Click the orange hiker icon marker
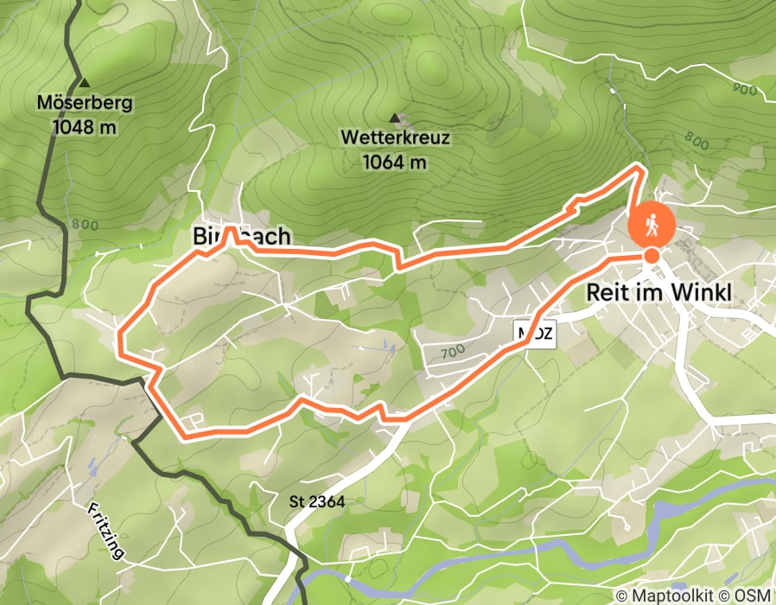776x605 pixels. click(x=652, y=225)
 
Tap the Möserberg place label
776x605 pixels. click(x=84, y=104)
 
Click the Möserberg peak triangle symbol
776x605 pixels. click(x=84, y=84)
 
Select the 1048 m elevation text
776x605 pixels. click(x=84, y=126)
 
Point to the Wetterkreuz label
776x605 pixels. click(x=395, y=137)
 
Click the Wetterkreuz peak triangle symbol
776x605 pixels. click(x=395, y=118)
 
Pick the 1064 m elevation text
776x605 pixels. click(x=395, y=161)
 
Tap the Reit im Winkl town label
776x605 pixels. click(x=658, y=293)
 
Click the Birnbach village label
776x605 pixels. click(x=240, y=237)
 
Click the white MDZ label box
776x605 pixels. click(x=535, y=333)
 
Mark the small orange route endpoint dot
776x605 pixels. click(x=651, y=256)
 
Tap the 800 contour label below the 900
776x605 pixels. click(x=696, y=138)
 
